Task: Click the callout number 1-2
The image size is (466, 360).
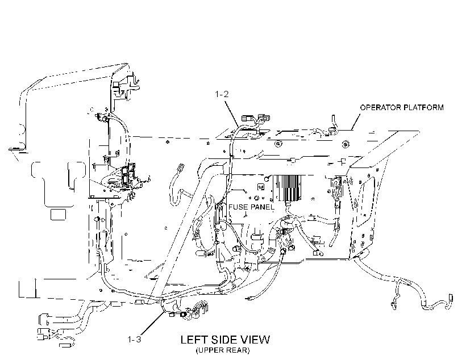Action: click(x=222, y=94)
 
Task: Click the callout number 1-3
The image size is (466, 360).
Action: click(x=134, y=339)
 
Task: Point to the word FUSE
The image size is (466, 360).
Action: click(x=238, y=207)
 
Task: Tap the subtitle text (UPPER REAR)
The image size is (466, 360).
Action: click(x=223, y=350)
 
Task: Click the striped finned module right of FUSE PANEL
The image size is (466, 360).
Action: click(x=287, y=188)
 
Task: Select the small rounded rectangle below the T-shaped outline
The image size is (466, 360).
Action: click(x=58, y=215)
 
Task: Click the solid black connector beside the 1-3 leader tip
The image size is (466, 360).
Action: click(x=182, y=315)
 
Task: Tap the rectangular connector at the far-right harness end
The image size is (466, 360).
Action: click(x=451, y=298)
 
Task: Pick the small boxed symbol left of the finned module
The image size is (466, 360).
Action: click(x=261, y=187)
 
